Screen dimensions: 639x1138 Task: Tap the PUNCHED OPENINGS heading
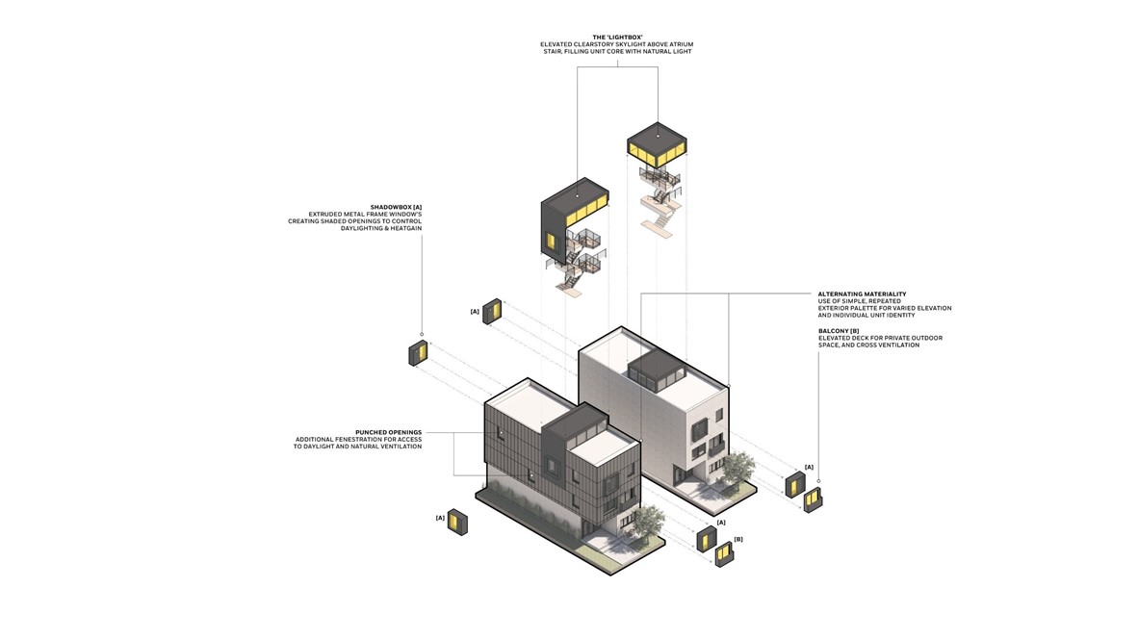(x=388, y=432)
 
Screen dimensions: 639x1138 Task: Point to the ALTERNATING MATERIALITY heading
(x=862, y=294)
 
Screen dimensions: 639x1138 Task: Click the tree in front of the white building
(x=737, y=469)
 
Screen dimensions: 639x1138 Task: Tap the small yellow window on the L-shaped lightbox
(x=553, y=241)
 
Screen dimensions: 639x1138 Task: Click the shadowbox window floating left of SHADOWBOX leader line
(x=417, y=352)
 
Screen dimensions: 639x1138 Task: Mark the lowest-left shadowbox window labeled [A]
(x=458, y=526)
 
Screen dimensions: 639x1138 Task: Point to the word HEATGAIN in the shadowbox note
(x=403, y=228)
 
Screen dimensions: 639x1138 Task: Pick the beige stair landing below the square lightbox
(x=660, y=223)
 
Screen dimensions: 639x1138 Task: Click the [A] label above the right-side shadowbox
(x=809, y=467)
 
